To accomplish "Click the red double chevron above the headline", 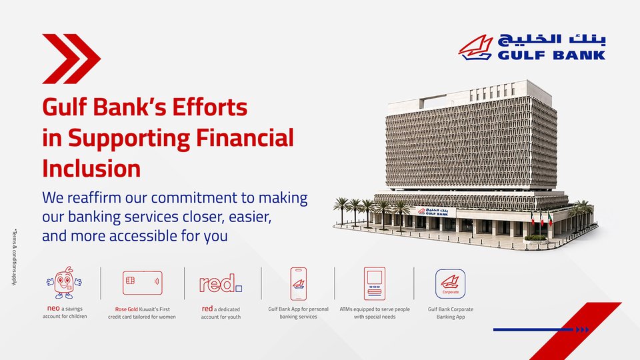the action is point(71,59).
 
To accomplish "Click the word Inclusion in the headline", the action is point(91,169).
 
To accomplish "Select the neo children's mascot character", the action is point(64,283).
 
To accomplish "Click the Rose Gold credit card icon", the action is point(143,283).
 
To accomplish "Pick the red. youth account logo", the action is point(221,283).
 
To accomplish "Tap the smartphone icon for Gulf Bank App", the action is point(299,284).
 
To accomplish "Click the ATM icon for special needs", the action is point(374,284).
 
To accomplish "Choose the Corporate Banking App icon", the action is point(450,284).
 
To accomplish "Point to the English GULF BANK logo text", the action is point(551,55).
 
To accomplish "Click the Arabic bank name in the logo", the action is point(551,41).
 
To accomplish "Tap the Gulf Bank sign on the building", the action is point(433,211).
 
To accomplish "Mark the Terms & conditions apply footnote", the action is point(14,257).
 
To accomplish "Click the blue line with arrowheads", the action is point(541,329).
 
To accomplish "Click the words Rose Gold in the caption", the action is point(127,309).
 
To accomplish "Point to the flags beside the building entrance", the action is point(541,219).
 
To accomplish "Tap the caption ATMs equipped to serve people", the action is point(375,309).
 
